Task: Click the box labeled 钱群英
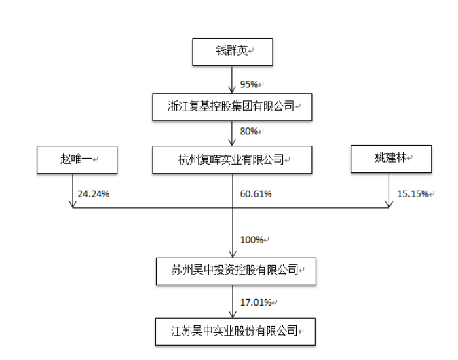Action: pos(233,51)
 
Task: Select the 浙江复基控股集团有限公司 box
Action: pos(233,106)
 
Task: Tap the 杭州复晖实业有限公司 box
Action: pos(233,160)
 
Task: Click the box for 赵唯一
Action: pos(75,160)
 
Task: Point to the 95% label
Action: pos(249,85)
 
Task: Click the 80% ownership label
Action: pos(249,131)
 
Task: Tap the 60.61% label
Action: pos(255,194)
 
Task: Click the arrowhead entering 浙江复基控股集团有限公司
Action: pos(233,89)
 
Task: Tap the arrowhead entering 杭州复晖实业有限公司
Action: pos(233,143)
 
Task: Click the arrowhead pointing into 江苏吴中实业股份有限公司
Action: pos(233,314)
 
